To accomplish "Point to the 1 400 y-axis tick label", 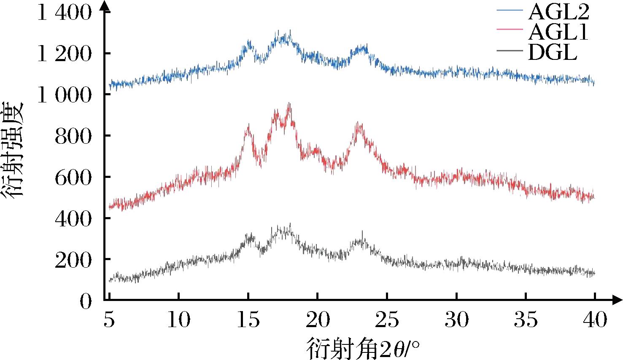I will (x=64, y=13).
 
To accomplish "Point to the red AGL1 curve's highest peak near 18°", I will (x=289, y=105).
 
